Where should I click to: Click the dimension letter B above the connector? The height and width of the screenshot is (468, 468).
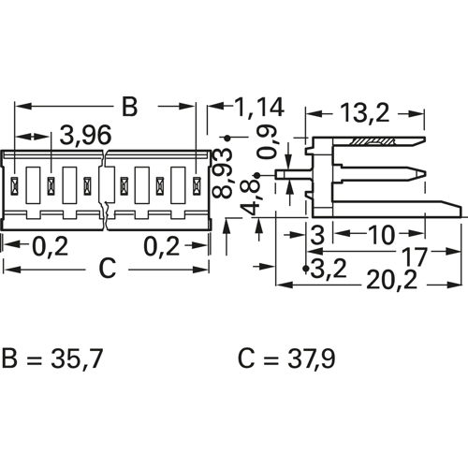click(129, 107)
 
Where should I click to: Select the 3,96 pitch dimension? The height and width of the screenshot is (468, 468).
click(85, 136)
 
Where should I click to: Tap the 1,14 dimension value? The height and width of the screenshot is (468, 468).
click(259, 107)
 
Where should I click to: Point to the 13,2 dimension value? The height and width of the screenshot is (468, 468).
click(365, 113)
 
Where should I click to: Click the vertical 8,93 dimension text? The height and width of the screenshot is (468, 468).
click(222, 173)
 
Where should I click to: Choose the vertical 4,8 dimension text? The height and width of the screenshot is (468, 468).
click(250, 199)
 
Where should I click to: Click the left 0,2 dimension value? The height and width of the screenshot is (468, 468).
click(51, 246)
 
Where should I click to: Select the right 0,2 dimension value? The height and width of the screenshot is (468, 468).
click(161, 246)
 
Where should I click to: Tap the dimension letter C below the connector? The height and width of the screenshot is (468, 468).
click(108, 269)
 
